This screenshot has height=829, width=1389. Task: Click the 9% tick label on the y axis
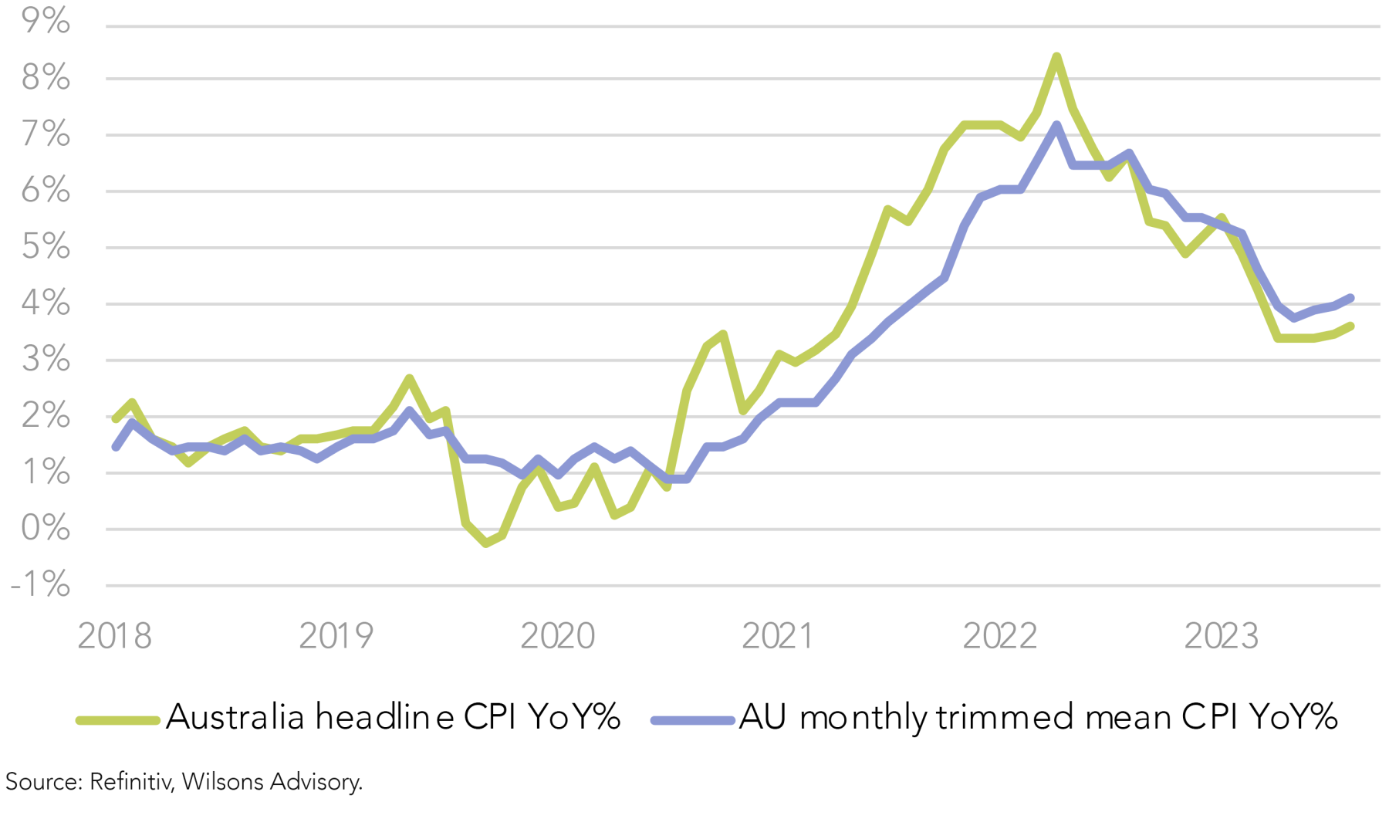click(46, 21)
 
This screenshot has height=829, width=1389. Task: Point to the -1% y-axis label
click(40, 584)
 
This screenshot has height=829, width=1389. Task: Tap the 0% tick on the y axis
click(46, 528)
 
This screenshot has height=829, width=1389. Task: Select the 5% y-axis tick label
click(46, 246)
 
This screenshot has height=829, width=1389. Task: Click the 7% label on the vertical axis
click(46, 134)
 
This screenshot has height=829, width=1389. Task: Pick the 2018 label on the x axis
click(115, 636)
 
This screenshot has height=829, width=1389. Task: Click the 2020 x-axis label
click(557, 636)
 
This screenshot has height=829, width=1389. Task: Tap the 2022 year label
click(999, 636)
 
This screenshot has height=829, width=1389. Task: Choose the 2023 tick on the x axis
click(1221, 636)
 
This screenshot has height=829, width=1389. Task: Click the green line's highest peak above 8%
click(1056, 56)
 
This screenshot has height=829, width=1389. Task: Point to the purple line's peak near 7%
click(1056, 125)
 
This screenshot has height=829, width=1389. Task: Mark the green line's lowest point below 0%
click(485, 543)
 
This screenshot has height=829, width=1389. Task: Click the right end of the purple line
click(1350, 298)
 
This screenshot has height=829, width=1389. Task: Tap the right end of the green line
click(1350, 326)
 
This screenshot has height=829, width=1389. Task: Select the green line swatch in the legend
click(117, 720)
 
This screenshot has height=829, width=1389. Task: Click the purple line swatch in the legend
click(692, 720)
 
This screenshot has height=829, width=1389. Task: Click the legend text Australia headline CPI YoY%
click(393, 718)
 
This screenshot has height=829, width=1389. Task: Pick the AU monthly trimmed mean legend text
click(1038, 718)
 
